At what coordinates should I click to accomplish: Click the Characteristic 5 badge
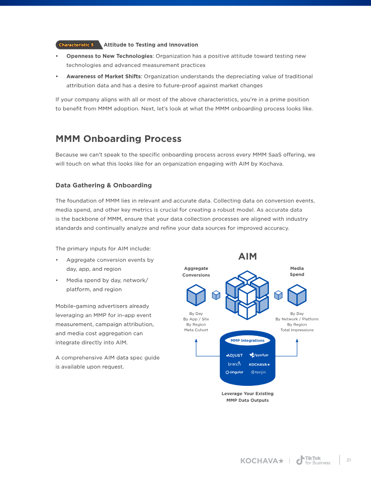click(78, 45)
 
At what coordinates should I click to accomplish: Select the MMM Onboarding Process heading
click(118, 139)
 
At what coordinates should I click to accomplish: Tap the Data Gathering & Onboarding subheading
click(103, 185)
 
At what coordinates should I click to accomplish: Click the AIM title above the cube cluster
click(247, 256)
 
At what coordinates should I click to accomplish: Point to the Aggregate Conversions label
click(196, 271)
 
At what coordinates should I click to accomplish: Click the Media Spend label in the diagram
click(297, 271)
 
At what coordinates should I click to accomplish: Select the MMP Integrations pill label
click(247, 340)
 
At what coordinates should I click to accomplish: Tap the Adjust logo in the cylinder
click(235, 355)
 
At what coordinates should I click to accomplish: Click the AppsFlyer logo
click(259, 355)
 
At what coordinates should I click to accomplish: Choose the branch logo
click(235, 364)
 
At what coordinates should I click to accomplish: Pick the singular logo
click(235, 372)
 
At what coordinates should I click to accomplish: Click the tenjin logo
click(258, 372)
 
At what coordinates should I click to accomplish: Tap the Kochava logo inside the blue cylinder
click(259, 365)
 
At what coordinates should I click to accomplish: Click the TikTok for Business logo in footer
click(313, 460)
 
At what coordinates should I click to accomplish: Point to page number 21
click(349, 460)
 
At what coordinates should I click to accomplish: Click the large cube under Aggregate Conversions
click(196, 295)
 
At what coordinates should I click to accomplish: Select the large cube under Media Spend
click(297, 295)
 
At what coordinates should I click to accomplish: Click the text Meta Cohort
click(196, 330)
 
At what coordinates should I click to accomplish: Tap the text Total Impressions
click(297, 330)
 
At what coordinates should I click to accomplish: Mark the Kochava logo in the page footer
click(262, 461)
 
